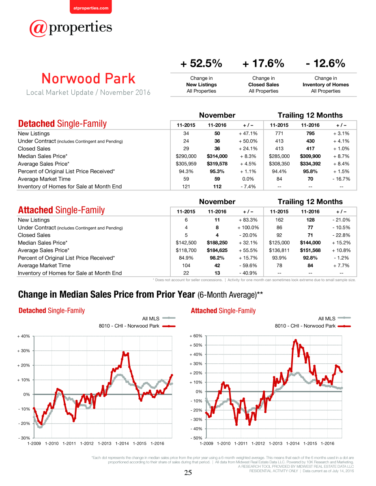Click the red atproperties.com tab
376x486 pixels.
(91, 7)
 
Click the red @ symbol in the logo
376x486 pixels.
(38, 28)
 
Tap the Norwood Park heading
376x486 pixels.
(88, 79)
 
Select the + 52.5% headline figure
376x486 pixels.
(201, 63)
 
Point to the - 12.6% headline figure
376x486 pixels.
(325, 63)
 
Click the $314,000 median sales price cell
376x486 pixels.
(217, 156)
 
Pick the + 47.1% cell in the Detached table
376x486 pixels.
(248, 134)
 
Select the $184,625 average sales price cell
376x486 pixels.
(217, 250)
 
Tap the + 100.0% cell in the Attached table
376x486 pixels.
(248, 228)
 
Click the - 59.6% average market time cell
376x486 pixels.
(248, 265)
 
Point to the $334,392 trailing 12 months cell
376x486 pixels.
(310, 164)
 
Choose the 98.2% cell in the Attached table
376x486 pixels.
(217, 258)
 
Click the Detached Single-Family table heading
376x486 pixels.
(62, 124)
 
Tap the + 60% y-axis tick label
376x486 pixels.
(196, 336)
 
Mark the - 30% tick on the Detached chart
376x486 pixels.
(24, 438)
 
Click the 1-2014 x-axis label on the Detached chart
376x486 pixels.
(122, 443)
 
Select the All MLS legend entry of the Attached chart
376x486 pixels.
(334, 318)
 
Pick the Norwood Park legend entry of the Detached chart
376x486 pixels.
(137, 326)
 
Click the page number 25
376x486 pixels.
(188, 472)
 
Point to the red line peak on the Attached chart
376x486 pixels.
(296, 340)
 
